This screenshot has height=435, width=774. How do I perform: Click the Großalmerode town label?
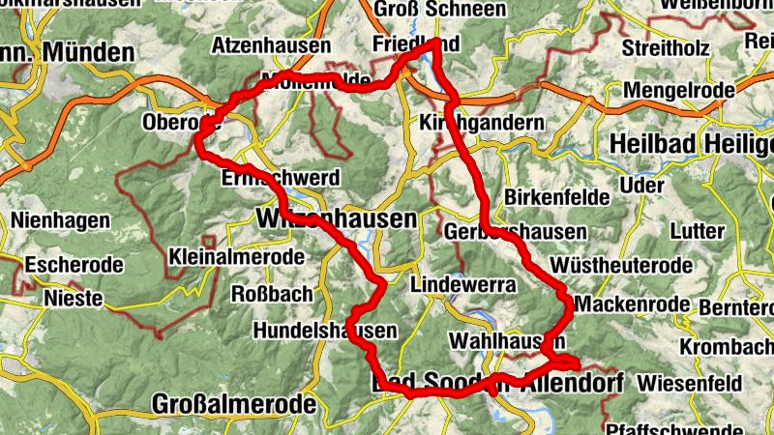(234, 403)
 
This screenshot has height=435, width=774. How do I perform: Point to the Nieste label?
(74, 299)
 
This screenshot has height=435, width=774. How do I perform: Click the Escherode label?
(74, 263)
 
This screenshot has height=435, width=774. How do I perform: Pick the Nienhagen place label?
(60, 220)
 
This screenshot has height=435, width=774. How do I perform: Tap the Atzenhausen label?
(271, 45)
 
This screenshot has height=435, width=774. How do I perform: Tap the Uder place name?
(646, 184)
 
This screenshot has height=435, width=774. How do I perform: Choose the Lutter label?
(702, 232)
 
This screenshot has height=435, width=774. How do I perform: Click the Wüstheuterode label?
(620, 265)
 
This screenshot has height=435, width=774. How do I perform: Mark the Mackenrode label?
(631, 304)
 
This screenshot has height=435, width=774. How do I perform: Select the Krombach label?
(727, 346)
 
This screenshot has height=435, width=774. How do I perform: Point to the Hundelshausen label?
(325, 331)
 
